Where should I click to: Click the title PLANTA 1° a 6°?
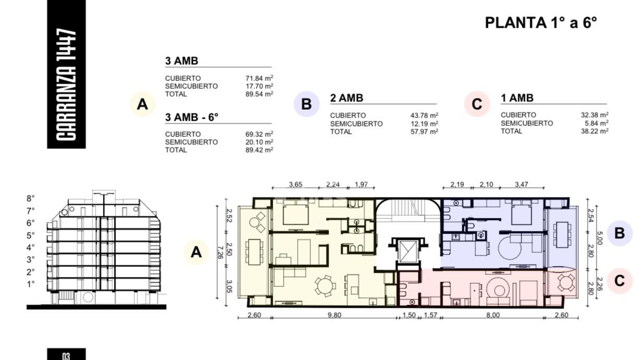click(x=541, y=22)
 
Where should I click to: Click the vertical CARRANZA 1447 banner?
click(x=66, y=74)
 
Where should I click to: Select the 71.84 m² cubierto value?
click(x=259, y=78)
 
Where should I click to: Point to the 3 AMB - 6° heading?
click(x=192, y=117)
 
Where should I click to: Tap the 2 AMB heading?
click(x=346, y=98)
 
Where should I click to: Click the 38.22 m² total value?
click(x=594, y=131)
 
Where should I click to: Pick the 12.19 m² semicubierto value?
click(x=424, y=124)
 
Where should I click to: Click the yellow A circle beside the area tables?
click(x=143, y=104)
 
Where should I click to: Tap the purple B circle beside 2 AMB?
click(x=307, y=104)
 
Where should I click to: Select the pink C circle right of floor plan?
click(x=619, y=281)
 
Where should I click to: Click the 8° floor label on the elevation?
click(x=31, y=199)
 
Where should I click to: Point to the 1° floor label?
click(x=31, y=284)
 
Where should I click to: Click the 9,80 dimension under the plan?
click(x=334, y=315)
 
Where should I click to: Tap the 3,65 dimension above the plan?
click(x=295, y=184)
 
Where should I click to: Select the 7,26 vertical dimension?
click(x=220, y=252)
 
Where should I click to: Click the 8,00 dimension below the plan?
click(x=493, y=315)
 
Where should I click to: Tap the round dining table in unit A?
click(x=325, y=286)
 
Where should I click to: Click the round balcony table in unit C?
click(x=566, y=283)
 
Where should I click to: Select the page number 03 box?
click(x=66, y=354)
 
